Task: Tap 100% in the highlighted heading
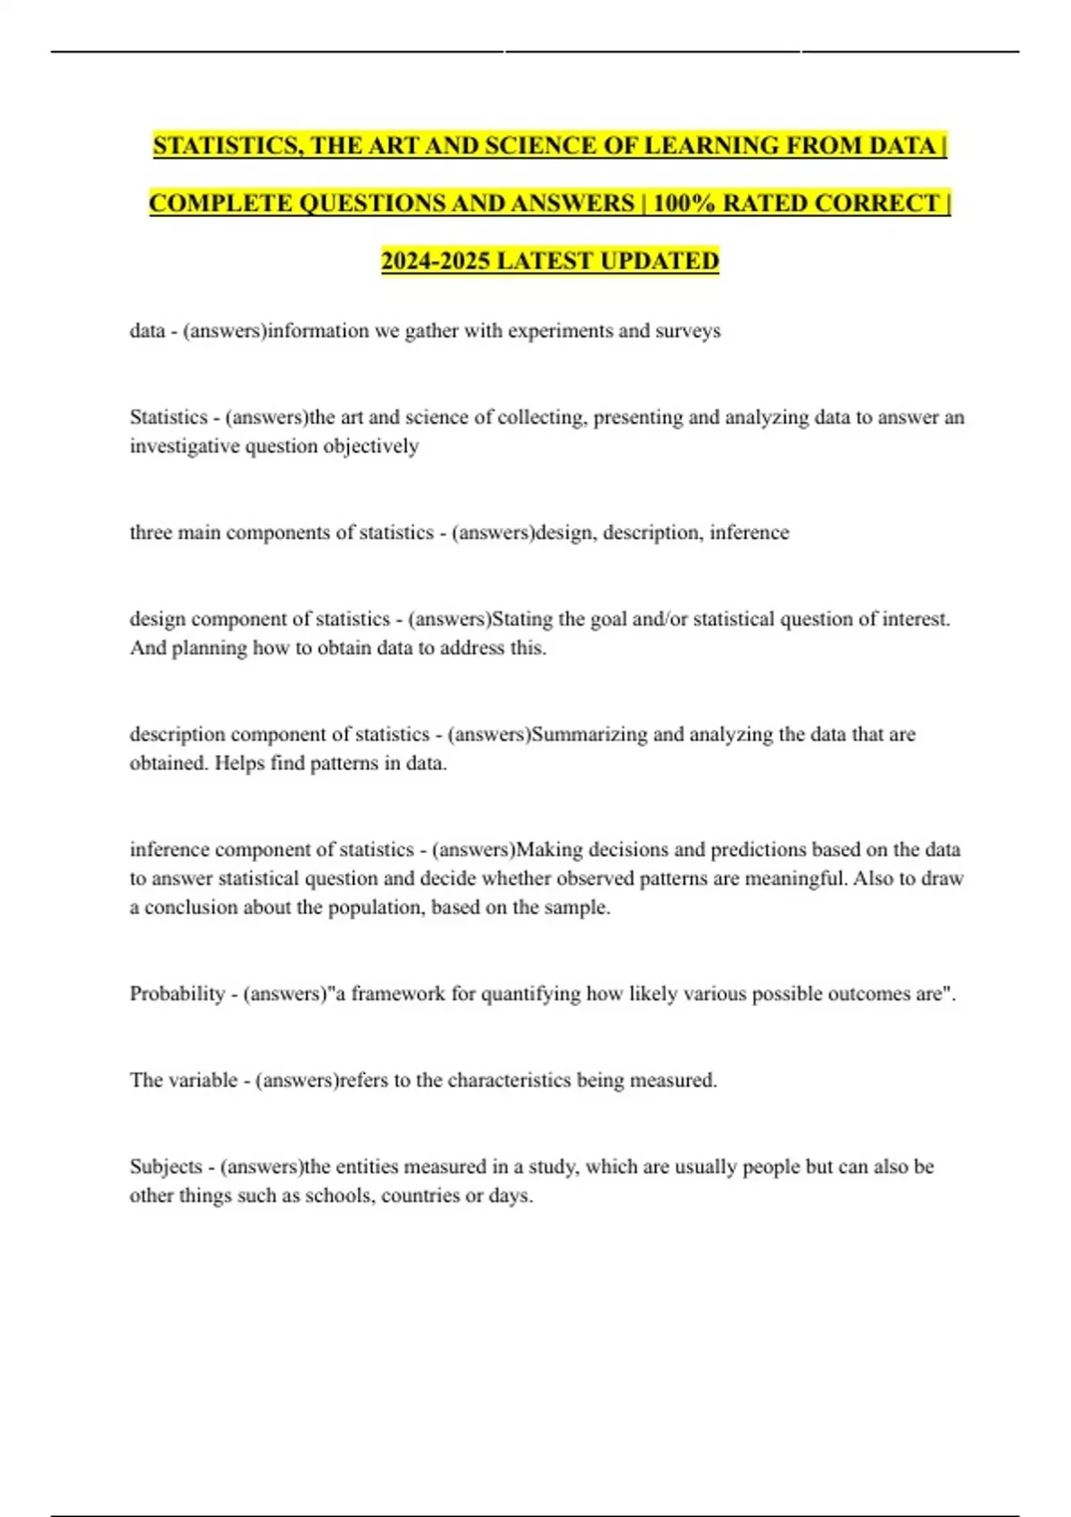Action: click(x=684, y=203)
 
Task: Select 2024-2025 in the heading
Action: click(x=435, y=261)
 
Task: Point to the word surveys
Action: click(x=687, y=331)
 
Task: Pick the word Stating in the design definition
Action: click(x=522, y=619)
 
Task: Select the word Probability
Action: click(x=177, y=994)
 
